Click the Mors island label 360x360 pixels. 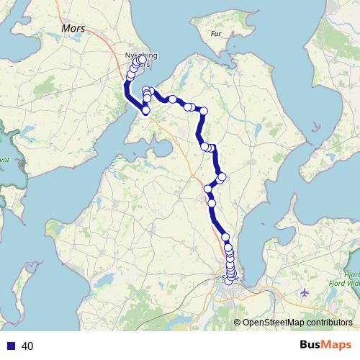73,30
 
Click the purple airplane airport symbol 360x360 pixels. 306,293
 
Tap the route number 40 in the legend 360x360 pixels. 28,346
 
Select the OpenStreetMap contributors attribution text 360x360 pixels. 297,323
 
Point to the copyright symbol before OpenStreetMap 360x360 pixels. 237,323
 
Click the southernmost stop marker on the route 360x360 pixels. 230,281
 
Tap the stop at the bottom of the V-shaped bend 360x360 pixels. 146,111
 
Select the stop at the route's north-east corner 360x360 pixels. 204,111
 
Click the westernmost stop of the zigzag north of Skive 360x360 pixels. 208,189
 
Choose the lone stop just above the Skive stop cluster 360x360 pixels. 225,237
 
